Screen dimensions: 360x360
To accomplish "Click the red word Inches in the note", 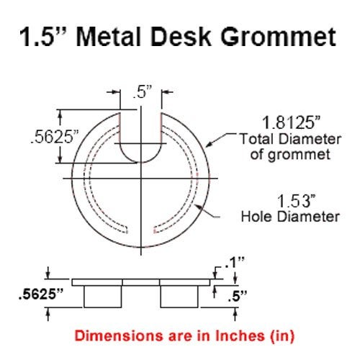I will tap(228, 335).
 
